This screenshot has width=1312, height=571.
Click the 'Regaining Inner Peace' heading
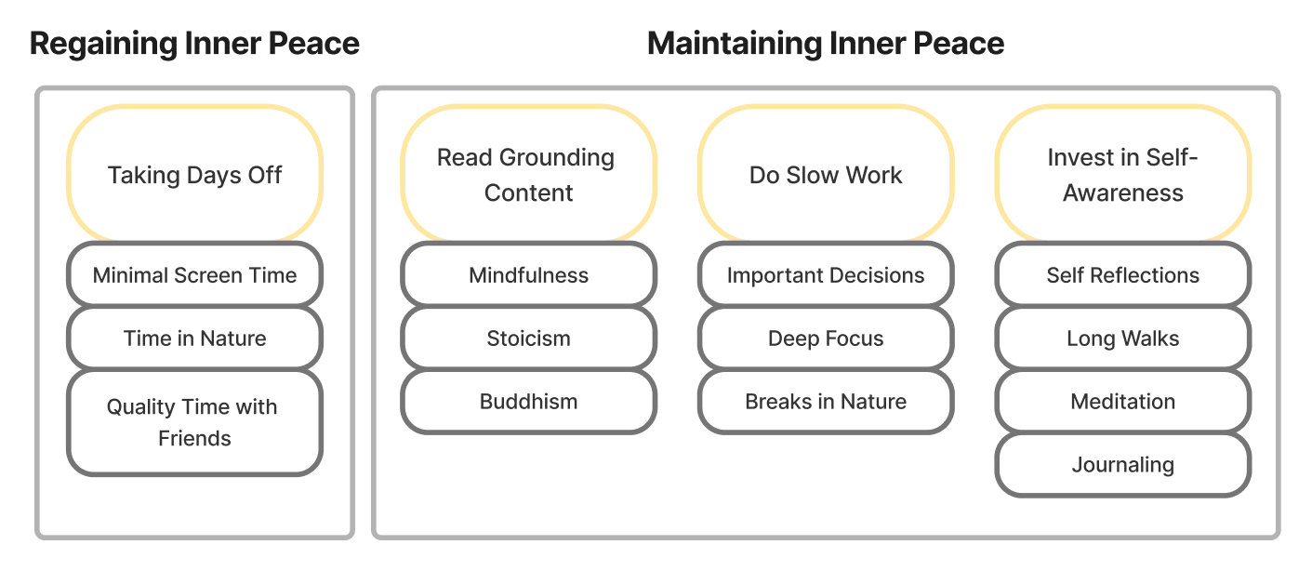194,44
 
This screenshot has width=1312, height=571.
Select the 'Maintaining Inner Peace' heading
826,44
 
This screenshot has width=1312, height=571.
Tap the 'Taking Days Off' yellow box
194,174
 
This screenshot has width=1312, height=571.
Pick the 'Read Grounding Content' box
528,174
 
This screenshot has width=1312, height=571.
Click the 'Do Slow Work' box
826,174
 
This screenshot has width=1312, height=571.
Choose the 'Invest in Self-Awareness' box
1123,174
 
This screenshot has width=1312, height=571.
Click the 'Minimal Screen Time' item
194,274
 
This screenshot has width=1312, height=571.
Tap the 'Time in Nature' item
194,338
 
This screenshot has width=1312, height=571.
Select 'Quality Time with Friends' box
194,422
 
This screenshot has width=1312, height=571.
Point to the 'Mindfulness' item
528,274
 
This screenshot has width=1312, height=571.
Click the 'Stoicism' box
528,338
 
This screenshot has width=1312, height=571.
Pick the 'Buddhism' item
528,401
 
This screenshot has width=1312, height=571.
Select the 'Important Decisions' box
826,274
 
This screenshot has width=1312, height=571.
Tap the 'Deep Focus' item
826,338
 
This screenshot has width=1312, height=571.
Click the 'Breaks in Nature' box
826,401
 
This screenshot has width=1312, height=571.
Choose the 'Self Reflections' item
1123,274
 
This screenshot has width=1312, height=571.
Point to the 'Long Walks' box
1123,338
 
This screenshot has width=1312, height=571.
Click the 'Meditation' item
1123,401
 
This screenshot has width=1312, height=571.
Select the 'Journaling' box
1123,464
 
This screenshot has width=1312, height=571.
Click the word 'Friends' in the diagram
194,438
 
